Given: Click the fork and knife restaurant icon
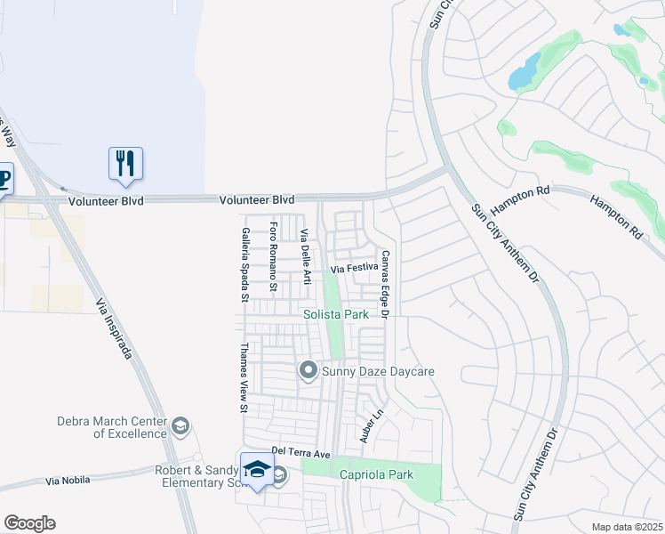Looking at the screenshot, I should [x=125, y=163].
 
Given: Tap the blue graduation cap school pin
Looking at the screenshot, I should [x=257, y=468].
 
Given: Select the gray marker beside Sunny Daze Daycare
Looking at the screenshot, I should [x=308, y=369].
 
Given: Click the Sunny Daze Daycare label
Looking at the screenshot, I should [x=378, y=370].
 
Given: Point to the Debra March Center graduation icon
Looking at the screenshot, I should [x=181, y=426].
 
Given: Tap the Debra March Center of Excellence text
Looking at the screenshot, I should [x=112, y=427].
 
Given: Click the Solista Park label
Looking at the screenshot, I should [x=335, y=314].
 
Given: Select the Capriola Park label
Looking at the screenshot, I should [x=376, y=474].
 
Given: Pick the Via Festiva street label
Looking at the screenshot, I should [x=355, y=268].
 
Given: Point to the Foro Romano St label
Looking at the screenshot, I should [x=274, y=257].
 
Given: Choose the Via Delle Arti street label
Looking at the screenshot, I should [x=304, y=257].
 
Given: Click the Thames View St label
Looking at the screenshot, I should [x=244, y=378].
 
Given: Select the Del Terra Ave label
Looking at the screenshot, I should [x=301, y=454].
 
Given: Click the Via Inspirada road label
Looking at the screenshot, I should [x=115, y=330].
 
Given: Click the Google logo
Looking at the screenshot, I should [x=29, y=523].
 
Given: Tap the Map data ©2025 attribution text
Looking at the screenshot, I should [x=626, y=527].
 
